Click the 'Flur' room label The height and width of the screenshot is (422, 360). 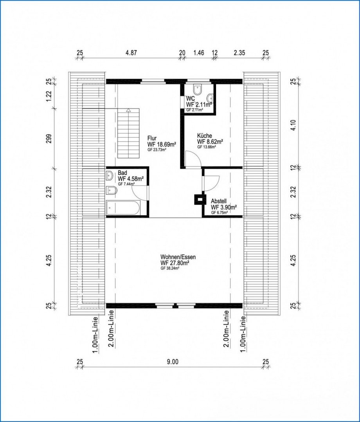(152, 139)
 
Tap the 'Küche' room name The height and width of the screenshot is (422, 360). (205, 135)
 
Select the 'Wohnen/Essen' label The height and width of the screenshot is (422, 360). (178, 257)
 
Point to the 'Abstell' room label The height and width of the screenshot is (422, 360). (219, 201)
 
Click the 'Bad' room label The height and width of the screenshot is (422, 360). (122, 173)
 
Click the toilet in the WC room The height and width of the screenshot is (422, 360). (198, 90)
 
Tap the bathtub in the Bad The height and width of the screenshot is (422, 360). (123, 208)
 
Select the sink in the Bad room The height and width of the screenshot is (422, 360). (110, 176)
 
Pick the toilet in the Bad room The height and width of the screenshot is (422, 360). (111, 191)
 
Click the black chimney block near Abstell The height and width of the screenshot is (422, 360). (200, 199)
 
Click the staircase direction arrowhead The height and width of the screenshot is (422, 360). (129, 110)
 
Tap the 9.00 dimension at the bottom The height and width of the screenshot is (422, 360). (173, 362)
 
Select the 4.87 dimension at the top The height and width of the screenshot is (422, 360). (131, 53)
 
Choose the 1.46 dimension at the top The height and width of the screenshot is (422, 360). (199, 53)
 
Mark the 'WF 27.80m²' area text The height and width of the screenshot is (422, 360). (175, 263)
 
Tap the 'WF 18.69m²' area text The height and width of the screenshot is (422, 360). (162, 144)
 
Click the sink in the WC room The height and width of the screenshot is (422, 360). (211, 97)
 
